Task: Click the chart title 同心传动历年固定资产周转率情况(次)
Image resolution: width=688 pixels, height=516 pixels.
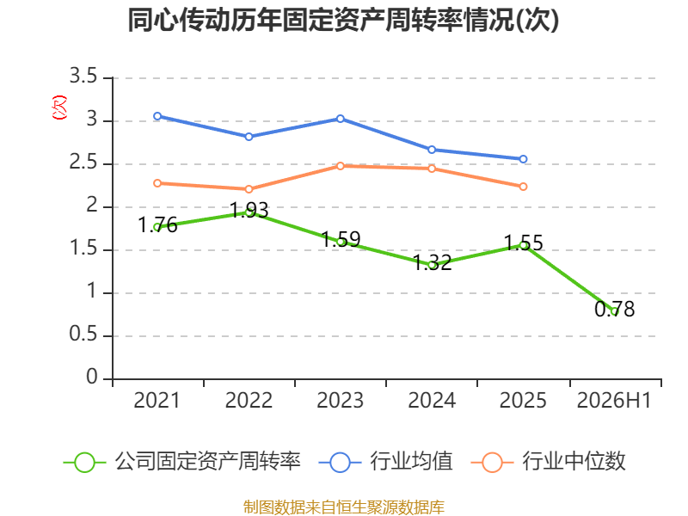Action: (343, 20)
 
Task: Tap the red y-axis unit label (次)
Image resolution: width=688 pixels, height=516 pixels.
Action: (59, 107)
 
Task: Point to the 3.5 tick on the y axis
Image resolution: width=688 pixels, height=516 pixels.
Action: (83, 77)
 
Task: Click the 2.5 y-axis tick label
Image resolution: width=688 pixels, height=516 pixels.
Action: (83, 163)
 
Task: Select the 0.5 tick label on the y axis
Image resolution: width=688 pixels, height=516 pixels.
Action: (83, 335)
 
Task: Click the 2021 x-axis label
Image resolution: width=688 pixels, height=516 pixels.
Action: (157, 400)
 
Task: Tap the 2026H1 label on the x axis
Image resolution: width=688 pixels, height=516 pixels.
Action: (614, 400)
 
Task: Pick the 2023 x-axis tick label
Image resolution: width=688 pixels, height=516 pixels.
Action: (340, 400)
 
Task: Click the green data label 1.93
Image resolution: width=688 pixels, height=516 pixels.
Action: (249, 210)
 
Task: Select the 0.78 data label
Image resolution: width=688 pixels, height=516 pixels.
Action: (614, 309)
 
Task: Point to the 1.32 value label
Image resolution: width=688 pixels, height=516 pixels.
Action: (433, 263)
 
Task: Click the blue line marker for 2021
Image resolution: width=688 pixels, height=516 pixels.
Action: (157, 116)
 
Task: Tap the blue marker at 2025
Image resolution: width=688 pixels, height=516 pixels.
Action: (523, 159)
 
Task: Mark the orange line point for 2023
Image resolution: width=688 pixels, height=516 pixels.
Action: (341, 166)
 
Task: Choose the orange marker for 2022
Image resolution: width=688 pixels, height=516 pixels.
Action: (249, 189)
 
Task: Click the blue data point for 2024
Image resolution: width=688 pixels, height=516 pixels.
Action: (432, 150)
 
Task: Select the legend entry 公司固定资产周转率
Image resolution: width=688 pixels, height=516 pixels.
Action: (182, 462)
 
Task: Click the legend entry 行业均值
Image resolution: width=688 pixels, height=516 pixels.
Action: (385, 462)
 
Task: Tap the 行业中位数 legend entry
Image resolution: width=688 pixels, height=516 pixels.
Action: (548, 462)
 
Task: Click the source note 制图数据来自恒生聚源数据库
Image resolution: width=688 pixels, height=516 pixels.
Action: (344, 507)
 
